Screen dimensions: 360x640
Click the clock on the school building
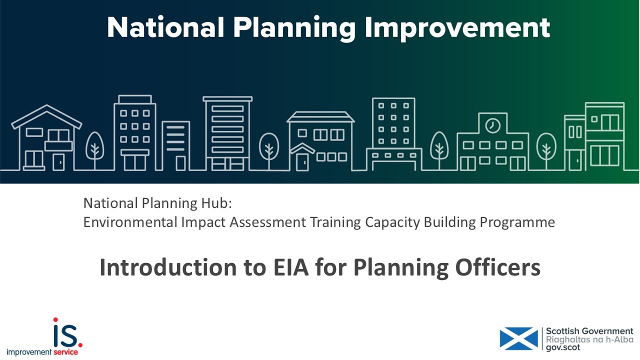point(492,124)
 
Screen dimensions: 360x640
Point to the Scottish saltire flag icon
point(518,338)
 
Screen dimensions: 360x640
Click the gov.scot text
point(563,347)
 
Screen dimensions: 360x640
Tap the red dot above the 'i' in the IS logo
point(55,319)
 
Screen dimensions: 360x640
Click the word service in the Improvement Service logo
point(65,352)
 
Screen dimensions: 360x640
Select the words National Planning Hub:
point(158,203)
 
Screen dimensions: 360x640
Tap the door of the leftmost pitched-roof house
point(59,161)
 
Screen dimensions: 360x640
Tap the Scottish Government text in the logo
point(589,331)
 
